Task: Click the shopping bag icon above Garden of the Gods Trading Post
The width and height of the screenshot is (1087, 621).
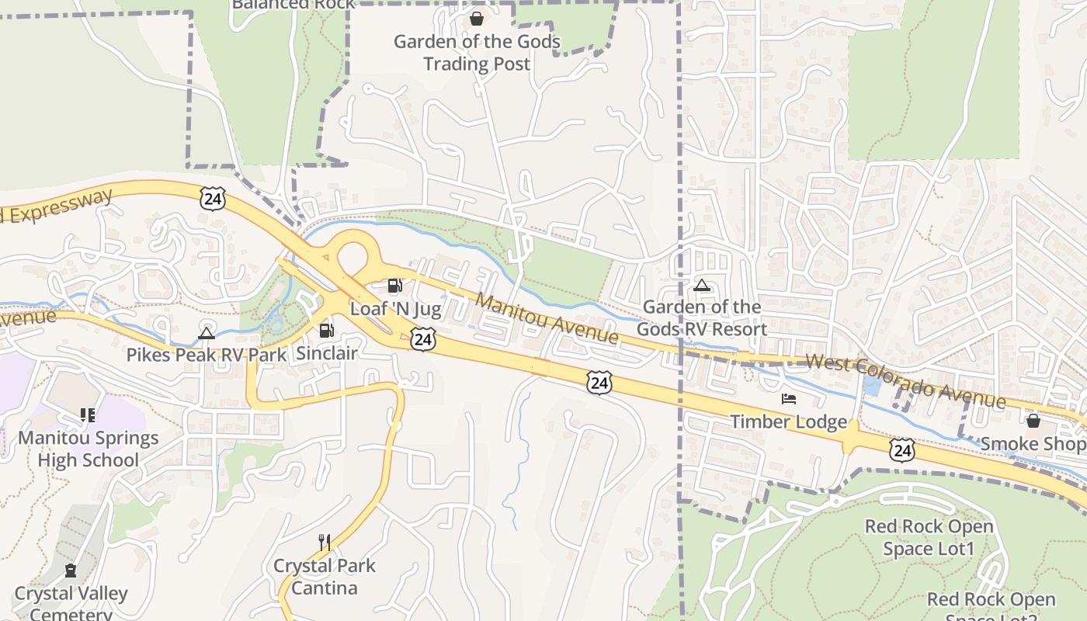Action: click(x=476, y=18)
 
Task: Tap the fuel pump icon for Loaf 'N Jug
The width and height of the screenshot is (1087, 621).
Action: click(x=394, y=286)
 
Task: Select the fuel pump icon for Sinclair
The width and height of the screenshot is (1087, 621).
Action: click(x=327, y=331)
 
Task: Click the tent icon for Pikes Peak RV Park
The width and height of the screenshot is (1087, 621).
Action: click(x=206, y=333)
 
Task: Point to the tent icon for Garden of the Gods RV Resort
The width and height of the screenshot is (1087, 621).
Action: click(x=702, y=285)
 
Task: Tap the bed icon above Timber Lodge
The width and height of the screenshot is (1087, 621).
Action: click(x=789, y=399)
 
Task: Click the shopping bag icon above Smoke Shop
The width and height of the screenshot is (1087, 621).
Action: click(x=1033, y=421)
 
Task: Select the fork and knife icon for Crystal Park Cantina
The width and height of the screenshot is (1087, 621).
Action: click(x=325, y=542)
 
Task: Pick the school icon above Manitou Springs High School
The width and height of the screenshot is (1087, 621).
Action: click(x=88, y=415)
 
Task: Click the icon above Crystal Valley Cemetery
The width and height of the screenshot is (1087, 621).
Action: click(x=71, y=571)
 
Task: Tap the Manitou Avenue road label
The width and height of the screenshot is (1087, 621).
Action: click(x=547, y=318)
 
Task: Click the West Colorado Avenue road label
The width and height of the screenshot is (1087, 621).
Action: click(x=905, y=381)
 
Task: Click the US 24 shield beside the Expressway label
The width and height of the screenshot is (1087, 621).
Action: click(x=212, y=199)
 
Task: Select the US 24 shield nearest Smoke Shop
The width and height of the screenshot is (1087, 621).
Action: click(x=902, y=450)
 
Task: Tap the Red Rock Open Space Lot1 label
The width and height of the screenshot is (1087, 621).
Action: click(x=929, y=537)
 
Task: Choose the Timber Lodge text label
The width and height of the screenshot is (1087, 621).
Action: click(x=788, y=422)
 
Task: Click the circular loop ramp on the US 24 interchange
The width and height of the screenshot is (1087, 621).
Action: click(x=352, y=257)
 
